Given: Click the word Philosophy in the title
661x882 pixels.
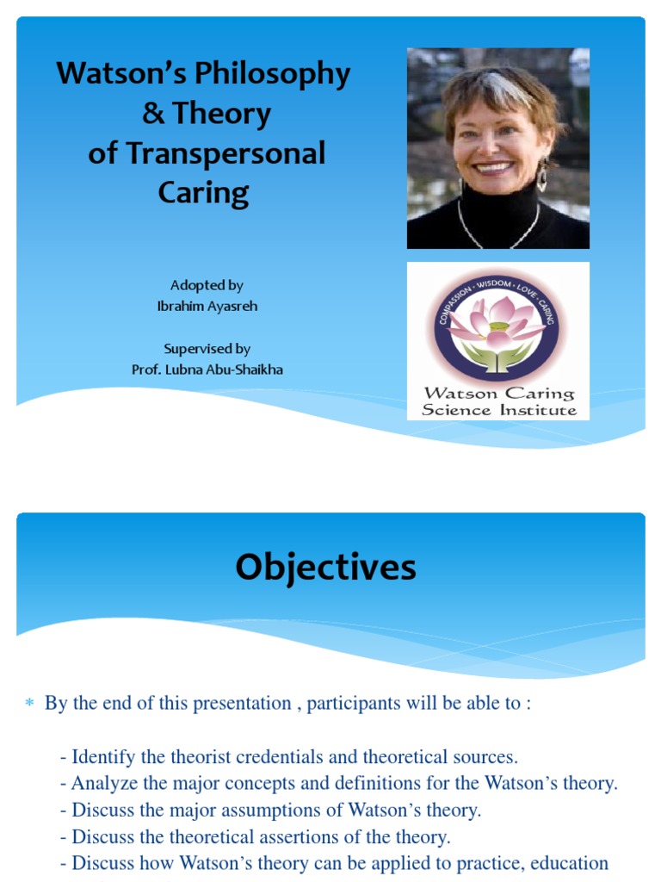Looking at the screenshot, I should pyautogui.click(x=272, y=74).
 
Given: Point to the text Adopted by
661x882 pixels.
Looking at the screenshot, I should pyautogui.click(x=207, y=285).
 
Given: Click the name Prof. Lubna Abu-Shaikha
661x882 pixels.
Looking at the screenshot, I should pyautogui.click(x=207, y=369).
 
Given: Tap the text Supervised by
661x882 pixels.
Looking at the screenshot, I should pyautogui.click(x=207, y=349).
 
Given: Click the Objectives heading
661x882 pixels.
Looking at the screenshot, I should pyautogui.click(x=325, y=568).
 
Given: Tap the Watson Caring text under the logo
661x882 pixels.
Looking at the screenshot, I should pyautogui.click(x=498, y=394).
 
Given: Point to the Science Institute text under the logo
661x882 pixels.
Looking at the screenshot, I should pyautogui.click(x=498, y=410).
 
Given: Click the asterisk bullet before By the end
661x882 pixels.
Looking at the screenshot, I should pyautogui.click(x=28, y=705).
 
